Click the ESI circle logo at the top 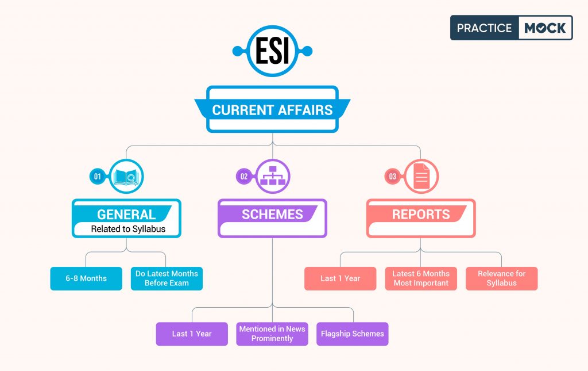(272, 51)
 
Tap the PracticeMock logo (511, 28)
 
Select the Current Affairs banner (272, 109)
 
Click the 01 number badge (98, 177)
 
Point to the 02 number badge (244, 177)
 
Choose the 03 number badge (393, 177)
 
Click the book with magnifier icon (126, 176)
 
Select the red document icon (421, 176)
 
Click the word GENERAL (126, 215)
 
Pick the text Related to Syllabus (128, 229)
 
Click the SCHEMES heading (272, 215)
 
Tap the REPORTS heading (421, 215)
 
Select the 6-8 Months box (86, 278)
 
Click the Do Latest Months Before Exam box (167, 278)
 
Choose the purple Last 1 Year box (192, 334)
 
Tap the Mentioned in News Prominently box (272, 334)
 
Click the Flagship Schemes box (353, 334)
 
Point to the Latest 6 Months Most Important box (421, 278)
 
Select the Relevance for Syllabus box (501, 278)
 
